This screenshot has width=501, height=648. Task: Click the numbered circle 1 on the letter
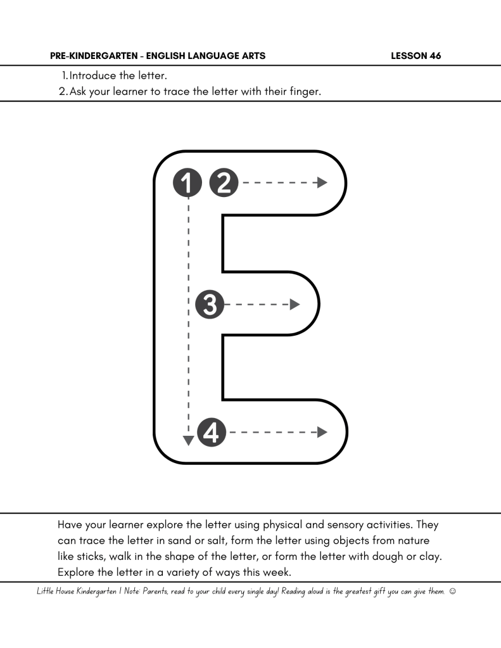pyautogui.click(x=187, y=183)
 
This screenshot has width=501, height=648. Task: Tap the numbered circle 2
pyautogui.click(x=223, y=183)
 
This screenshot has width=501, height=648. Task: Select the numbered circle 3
pyautogui.click(x=210, y=305)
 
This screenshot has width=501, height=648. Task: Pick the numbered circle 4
pyautogui.click(x=212, y=433)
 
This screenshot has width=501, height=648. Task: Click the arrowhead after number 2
pyautogui.click(x=322, y=183)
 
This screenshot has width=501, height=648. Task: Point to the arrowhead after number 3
pyautogui.click(x=295, y=305)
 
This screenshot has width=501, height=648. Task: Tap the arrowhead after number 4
pyautogui.click(x=322, y=433)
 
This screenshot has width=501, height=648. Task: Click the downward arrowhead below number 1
pyautogui.click(x=188, y=440)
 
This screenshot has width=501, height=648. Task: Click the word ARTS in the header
pyautogui.click(x=253, y=56)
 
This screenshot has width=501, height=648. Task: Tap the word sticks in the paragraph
pyautogui.click(x=72, y=556)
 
